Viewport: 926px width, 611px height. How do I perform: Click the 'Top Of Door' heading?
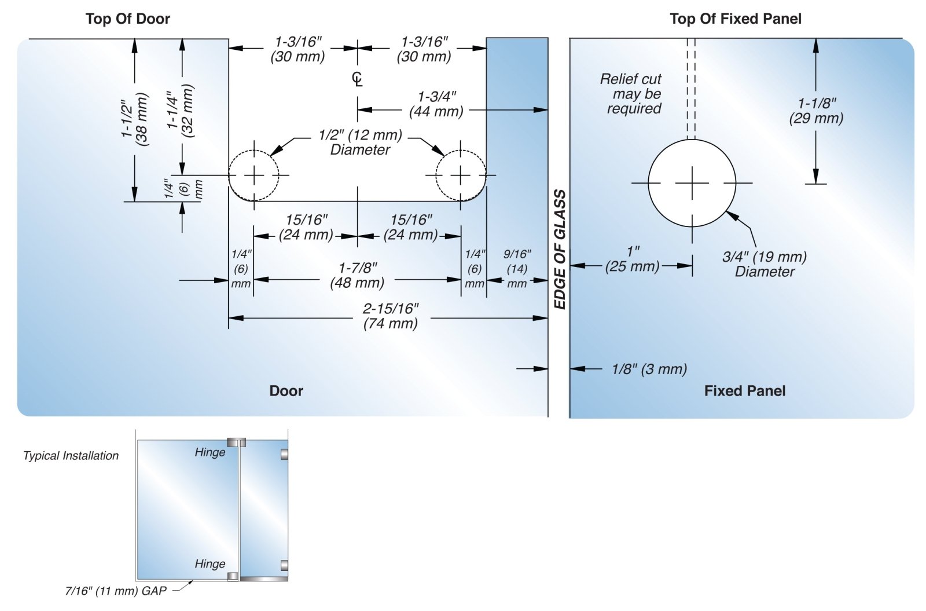[x=127, y=19]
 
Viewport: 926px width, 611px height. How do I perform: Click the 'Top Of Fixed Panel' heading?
[x=735, y=19]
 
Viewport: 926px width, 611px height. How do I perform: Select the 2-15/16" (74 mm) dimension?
[x=390, y=316]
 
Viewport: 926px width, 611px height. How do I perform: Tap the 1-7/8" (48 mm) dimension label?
[x=357, y=275]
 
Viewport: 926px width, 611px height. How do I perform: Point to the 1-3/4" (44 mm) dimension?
[x=436, y=104]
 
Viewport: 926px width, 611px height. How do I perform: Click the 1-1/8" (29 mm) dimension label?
[x=816, y=111]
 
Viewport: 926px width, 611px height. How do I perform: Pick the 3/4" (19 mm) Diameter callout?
[x=764, y=264]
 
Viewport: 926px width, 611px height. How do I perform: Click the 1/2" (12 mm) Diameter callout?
[x=360, y=142]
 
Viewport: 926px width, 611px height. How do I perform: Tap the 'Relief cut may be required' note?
[x=632, y=94]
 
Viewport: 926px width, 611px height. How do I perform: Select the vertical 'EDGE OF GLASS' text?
[x=559, y=249]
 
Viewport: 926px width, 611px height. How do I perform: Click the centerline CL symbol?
[x=357, y=79]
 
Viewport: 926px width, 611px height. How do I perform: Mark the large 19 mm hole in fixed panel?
[x=692, y=183]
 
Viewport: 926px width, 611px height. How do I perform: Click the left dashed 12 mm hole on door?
[x=253, y=175]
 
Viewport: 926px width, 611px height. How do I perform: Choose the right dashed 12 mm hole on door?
[x=461, y=175]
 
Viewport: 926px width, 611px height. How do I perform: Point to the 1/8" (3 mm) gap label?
[x=649, y=369]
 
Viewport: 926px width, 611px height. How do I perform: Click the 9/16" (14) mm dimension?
[x=517, y=269]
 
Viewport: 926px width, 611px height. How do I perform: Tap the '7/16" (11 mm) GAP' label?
[x=116, y=591]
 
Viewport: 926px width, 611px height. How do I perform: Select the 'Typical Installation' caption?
[x=71, y=456]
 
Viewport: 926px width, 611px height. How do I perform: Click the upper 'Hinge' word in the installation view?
[x=210, y=452]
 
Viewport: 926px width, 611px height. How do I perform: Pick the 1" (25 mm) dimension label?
[x=633, y=259]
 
